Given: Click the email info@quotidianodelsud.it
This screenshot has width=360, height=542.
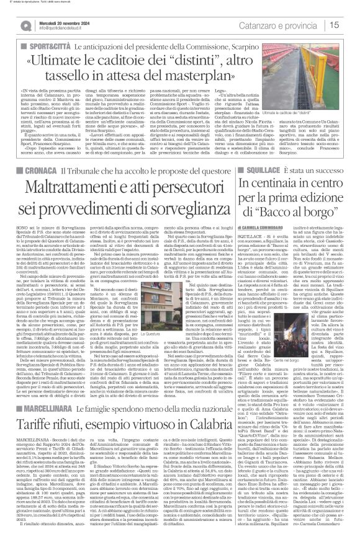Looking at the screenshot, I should [x=63, y=29].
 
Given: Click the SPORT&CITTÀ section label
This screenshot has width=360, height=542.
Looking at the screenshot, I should [x=47, y=47].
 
